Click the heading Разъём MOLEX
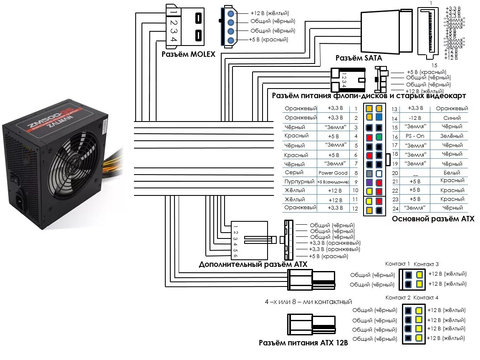point(188,55)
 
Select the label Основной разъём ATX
point(433,218)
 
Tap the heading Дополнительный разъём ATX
point(253,264)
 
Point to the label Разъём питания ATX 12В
point(303,343)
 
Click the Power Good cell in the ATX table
point(333,173)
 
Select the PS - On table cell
point(414,136)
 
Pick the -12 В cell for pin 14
point(415,118)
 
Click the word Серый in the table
point(294,172)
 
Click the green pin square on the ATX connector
point(379,137)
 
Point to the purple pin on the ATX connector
point(369,183)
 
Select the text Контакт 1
point(397,264)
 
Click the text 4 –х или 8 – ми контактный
point(308,302)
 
